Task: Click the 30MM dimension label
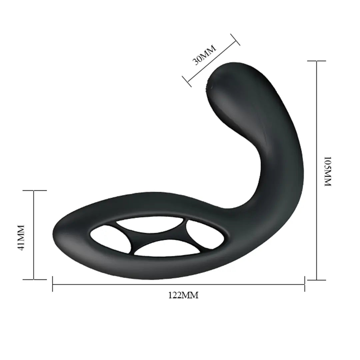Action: click(204, 54)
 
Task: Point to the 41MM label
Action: click(21, 237)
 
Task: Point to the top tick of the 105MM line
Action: click(316, 61)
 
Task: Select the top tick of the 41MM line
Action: click(34, 190)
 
